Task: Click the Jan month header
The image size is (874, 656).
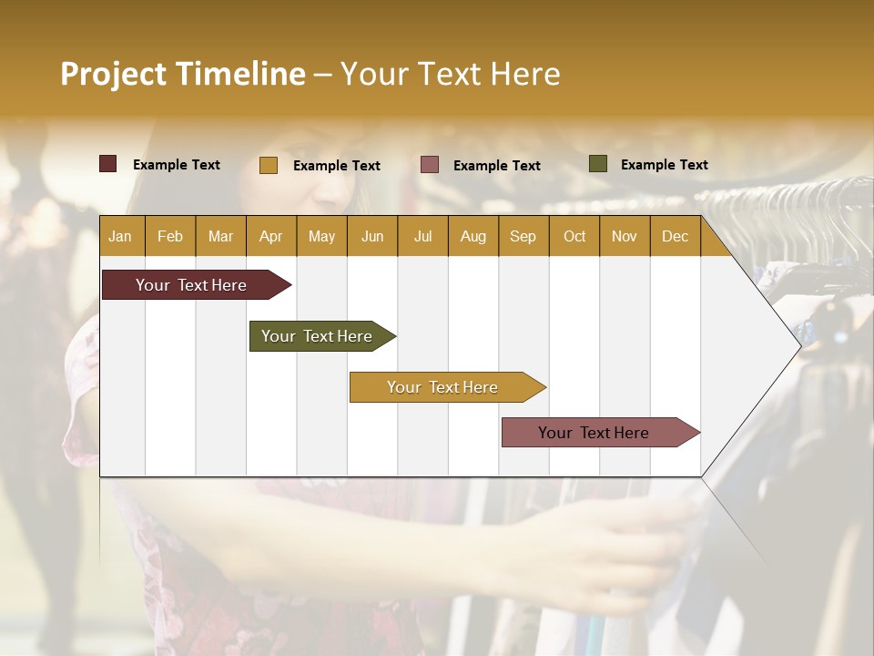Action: point(120,236)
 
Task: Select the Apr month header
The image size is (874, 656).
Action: point(270,236)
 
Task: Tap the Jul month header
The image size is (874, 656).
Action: point(422,236)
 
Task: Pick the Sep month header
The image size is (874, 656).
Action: point(523,236)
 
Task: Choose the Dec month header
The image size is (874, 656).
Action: point(675,236)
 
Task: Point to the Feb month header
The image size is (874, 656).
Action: point(170,236)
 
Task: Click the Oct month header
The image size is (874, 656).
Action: point(574,236)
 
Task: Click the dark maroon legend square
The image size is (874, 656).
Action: point(108,164)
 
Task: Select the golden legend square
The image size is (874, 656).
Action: point(269,165)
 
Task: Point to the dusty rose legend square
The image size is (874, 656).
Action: point(430,165)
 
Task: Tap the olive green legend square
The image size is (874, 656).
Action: point(598,164)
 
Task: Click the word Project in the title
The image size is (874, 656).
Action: point(113,74)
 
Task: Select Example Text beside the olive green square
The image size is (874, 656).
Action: point(664,164)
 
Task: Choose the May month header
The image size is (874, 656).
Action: point(321,236)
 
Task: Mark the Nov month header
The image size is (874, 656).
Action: point(625,236)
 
